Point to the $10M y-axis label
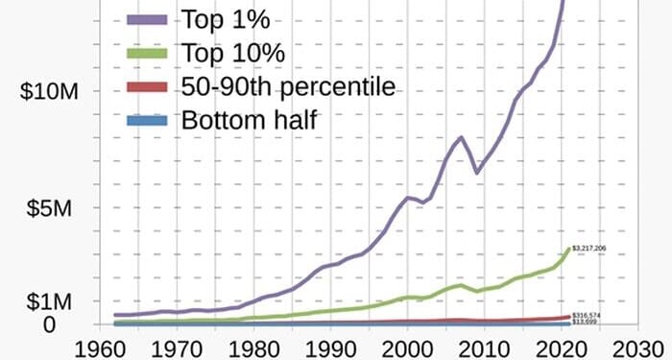tap(48, 91)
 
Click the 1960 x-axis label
tap(100, 347)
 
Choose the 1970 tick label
tap(177, 347)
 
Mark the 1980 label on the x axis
tap(253, 347)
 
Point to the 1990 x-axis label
tap(330, 347)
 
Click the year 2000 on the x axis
tap(408, 347)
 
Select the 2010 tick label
tap(485, 347)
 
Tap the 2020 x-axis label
tap(562, 347)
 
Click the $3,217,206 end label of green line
tap(588, 249)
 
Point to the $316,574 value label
tap(587, 315)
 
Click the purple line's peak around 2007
tap(462, 137)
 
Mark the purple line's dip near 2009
tap(477, 172)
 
